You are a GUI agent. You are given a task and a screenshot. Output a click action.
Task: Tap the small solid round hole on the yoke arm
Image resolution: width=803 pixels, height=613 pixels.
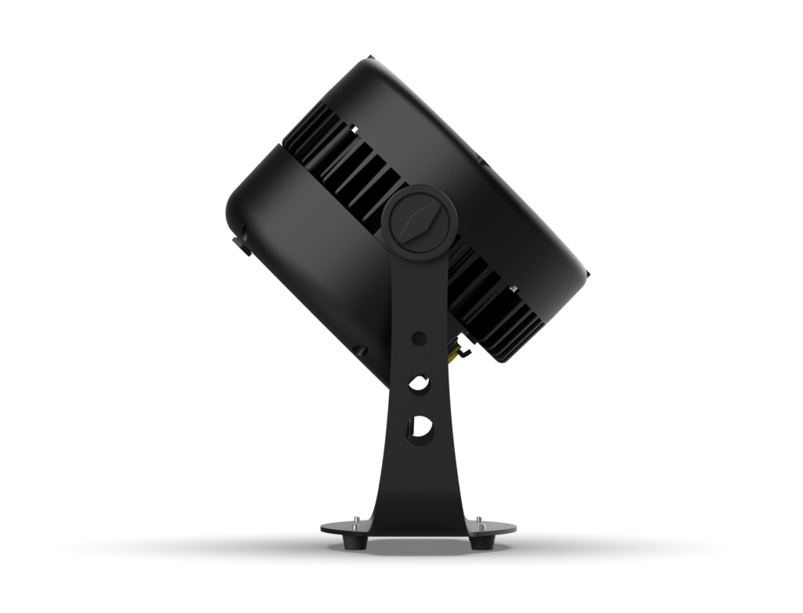[419, 339]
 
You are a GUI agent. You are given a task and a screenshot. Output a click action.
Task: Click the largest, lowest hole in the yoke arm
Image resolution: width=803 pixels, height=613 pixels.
[420, 426]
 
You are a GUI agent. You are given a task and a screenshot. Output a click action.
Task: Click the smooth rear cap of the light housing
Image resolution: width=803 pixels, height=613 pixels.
[306, 259]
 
